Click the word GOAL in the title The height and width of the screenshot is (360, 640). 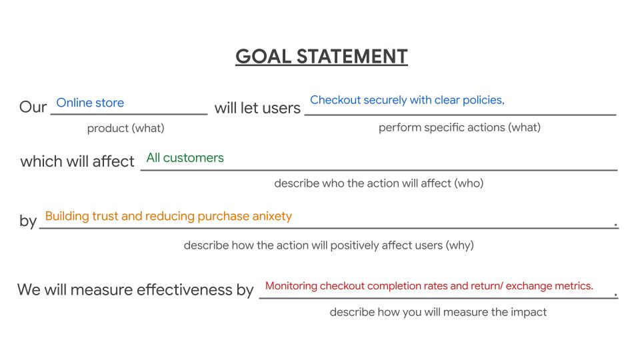point(263,56)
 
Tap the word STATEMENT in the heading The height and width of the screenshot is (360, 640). point(352,56)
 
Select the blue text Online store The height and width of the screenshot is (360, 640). point(90,103)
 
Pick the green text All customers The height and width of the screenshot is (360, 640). point(185,157)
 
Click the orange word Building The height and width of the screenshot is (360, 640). point(67,216)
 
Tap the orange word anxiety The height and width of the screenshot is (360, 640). point(272,216)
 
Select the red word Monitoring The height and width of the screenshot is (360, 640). point(291,286)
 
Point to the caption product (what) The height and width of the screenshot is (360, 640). point(126,128)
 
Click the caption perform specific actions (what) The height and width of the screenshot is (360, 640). point(459,127)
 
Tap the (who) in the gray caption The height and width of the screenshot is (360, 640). point(469,183)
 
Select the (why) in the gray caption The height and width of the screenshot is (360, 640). point(459,245)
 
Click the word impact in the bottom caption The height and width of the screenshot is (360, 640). point(529,312)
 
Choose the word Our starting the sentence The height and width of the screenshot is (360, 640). point(33,107)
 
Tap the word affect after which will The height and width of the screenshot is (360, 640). point(113,161)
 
